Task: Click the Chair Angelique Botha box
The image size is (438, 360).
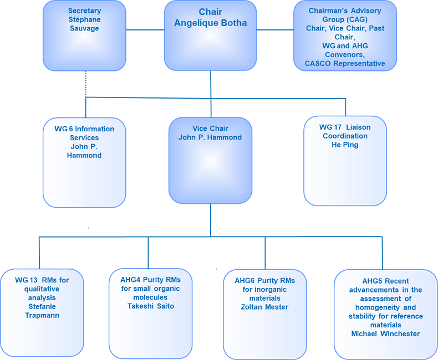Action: coord(210,36)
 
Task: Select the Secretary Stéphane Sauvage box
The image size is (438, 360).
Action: coord(84,36)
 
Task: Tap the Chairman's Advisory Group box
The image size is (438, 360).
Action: coord(344,36)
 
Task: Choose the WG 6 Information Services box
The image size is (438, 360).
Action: coord(84,162)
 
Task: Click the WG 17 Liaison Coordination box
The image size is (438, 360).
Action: coord(345,161)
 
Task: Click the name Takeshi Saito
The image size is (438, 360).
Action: coord(150,306)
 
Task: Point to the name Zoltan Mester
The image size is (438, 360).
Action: coord(265,306)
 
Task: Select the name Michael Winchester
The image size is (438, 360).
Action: coord(385,333)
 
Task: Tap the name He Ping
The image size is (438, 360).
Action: coord(345,145)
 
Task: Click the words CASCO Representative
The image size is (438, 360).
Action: coord(345,64)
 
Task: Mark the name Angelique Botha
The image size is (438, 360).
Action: coord(210,23)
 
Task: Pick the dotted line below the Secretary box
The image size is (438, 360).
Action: coord(86,84)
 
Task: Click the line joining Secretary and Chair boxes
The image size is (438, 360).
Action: coord(145,30)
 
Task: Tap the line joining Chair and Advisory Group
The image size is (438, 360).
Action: coord(275,30)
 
